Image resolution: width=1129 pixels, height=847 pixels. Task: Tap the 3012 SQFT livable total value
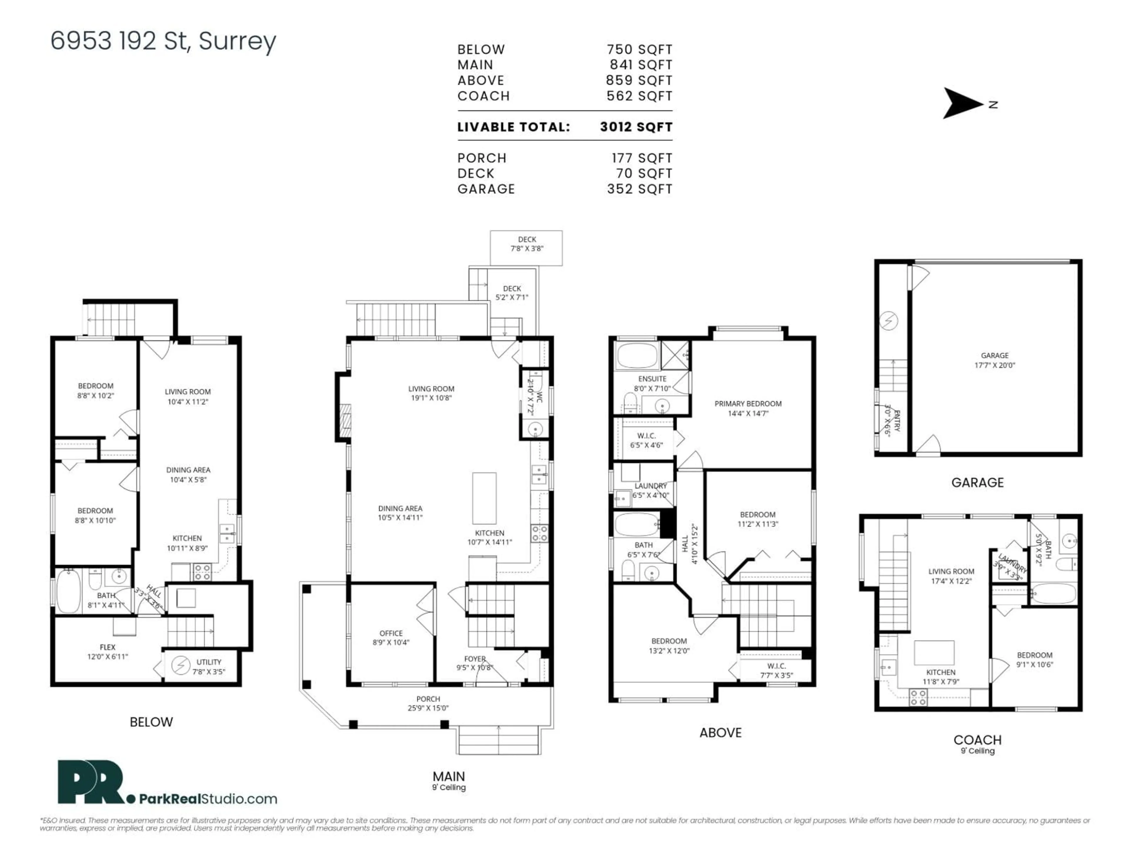point(636,127)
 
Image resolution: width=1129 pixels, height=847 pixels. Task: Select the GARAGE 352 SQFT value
point(639,189)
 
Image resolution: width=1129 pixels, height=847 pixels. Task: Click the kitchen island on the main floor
point(484,498)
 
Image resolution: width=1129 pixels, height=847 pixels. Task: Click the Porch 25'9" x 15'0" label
point(428,703)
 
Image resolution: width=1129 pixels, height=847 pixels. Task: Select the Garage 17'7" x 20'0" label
point(994,360)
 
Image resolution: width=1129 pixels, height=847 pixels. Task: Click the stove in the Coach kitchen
point(918,697)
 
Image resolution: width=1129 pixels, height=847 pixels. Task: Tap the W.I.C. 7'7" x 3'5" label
point(776,670)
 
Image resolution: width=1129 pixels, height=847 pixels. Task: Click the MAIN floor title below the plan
point(449,776)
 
